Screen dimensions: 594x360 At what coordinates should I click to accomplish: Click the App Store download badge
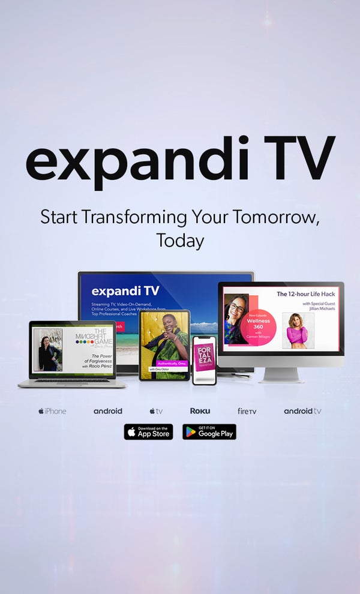tap(148, 432)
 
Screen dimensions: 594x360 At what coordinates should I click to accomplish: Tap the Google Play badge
tap(209, 432)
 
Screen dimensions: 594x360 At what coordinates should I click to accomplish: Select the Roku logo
tap(200, 411)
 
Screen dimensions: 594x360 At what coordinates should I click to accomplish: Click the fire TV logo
tap(247, 411)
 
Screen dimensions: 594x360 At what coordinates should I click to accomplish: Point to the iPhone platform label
tap(52, 411)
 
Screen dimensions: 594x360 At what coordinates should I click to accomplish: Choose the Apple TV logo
tap(156, 411)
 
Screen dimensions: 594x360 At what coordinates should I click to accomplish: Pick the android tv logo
tap(302, 411)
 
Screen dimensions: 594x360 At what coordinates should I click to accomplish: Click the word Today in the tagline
tap(180, 241)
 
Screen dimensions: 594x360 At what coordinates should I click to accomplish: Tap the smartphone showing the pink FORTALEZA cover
tap(204, 360)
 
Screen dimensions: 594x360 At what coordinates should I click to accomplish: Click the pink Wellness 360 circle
tap(259, 324)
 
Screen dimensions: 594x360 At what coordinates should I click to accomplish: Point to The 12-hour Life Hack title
tap(307, 294)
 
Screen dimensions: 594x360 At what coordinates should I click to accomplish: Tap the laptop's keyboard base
tap(72, 383)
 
